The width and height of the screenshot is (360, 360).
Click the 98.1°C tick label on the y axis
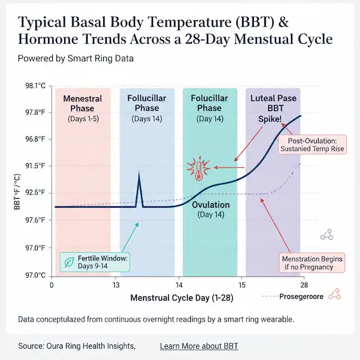[x=35, y=86]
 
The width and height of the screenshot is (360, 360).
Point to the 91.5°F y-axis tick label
[x=35, y=166]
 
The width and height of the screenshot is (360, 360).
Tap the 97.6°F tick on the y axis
[x=35, y=220]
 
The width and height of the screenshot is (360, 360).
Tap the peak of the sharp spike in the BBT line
[x=140, y=174]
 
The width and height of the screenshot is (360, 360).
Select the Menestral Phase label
[x=82, y=104]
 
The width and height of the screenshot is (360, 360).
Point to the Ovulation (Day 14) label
[x=210, y=209]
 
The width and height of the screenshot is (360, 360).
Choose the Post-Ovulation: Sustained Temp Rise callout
[x=312, y=144]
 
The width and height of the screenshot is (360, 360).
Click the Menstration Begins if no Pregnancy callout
[x=312, y=262]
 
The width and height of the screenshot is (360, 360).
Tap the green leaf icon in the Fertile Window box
[x=70, y=262]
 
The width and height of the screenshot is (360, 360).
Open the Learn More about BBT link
[x=199, y=346]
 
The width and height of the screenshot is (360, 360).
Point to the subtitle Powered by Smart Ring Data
[x=76, y=59]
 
